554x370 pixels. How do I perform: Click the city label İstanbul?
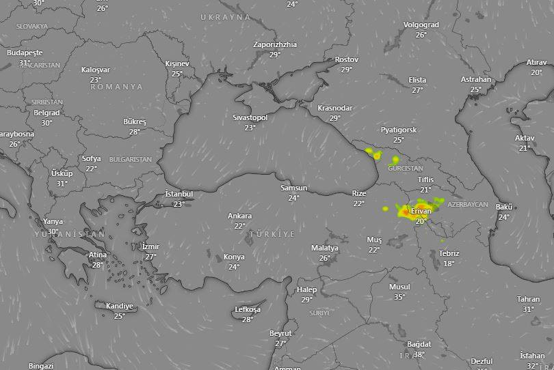[179, 194]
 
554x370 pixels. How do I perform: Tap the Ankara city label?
[239, 216]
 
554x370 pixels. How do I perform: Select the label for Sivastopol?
[250, 117]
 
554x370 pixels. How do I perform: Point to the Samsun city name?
[293, 188]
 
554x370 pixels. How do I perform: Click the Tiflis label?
[425, 180]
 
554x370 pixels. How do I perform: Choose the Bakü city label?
[504, 207]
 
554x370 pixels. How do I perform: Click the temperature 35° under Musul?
[399, 296]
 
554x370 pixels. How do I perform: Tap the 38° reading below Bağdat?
[419, 354]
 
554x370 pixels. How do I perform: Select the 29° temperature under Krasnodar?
[335, 118]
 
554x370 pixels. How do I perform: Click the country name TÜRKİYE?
[272, 234]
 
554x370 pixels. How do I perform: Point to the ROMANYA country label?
[116, 87]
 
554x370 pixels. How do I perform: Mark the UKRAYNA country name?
[226, 17]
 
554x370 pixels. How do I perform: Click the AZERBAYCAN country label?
[468, 204]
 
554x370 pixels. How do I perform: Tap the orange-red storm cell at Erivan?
[406, 213]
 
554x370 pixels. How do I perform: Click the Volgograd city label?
[421, 25]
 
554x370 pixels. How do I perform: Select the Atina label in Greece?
[97, 255]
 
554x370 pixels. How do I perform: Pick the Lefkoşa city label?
[248, 309]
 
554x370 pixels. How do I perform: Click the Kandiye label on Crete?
[119, 306]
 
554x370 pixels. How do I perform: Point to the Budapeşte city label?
[25, 53]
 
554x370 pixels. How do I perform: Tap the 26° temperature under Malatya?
[324, 258]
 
